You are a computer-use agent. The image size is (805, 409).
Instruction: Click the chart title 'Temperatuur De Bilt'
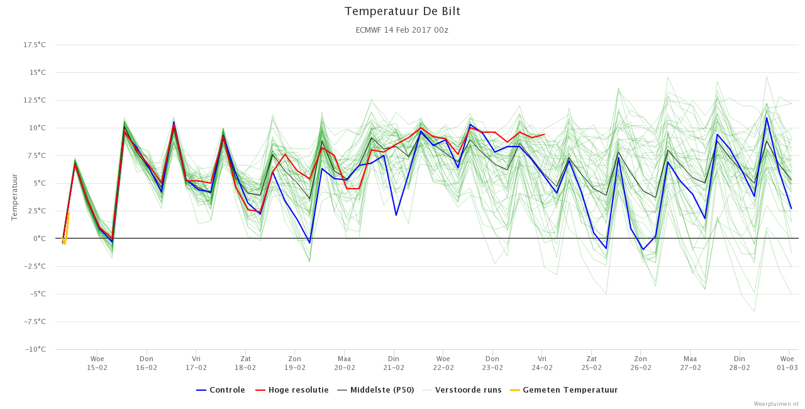(x=402, y=11)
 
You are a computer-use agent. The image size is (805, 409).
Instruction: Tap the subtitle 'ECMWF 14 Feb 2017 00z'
(x=402, y=30)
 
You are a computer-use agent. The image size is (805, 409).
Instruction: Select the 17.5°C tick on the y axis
(x=35, y=45)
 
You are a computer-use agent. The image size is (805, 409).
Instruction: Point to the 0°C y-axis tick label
(x=40, y=238)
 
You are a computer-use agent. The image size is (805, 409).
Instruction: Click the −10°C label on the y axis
(x=35, y=349)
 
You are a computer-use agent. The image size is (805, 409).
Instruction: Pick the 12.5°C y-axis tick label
(x=35, y=100)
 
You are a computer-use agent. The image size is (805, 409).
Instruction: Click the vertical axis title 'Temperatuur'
(x=14, y=197)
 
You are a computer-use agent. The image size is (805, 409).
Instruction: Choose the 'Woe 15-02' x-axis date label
(x=97, y=363)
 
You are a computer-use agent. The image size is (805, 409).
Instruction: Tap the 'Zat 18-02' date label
(x=245, y=363)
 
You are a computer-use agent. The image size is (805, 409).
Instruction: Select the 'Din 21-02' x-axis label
(x=394, y=363)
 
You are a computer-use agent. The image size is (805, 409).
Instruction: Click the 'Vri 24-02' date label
(x=542, y=363)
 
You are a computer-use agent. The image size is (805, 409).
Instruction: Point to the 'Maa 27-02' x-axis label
(x=690, y=363)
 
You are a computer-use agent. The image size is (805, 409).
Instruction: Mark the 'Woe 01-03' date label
(x=787, y=363)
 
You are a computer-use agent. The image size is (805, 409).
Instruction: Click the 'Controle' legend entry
(x=221, y=390)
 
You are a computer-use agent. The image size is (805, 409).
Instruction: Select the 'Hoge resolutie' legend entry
(x=292, y=390)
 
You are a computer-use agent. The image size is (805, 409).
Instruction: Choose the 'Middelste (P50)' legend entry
(x=376, y=390)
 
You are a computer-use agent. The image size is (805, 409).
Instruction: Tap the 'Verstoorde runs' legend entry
(x=462, y=390)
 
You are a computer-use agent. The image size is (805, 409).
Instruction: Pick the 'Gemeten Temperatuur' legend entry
(x=564, y=390)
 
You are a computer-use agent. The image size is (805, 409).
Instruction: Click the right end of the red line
(x=545, y=135)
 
